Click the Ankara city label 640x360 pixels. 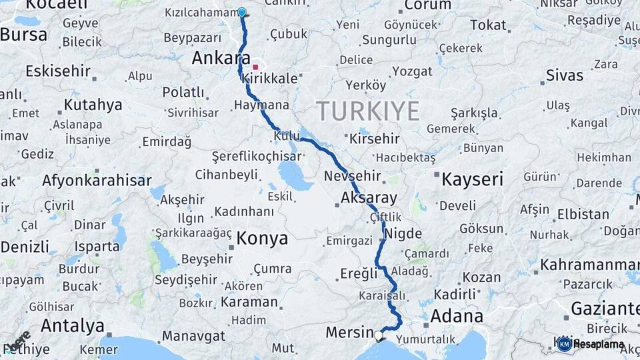point(220,58)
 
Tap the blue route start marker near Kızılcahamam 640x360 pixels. point(241,12)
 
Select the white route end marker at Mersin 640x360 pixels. point(379,335)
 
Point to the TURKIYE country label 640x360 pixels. point(367,110)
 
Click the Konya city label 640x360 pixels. point(262,239)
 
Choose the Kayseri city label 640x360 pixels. point(472,179)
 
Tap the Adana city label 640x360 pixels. point(457,316)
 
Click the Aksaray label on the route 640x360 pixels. point(368,198)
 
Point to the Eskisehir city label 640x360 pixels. point(57,71)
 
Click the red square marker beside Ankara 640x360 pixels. point(255,67)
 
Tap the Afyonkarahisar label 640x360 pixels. point(97,180)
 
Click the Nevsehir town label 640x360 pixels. point(352,177)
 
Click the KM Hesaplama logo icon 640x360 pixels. point(564,344)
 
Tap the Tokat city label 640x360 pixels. point(488,25)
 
